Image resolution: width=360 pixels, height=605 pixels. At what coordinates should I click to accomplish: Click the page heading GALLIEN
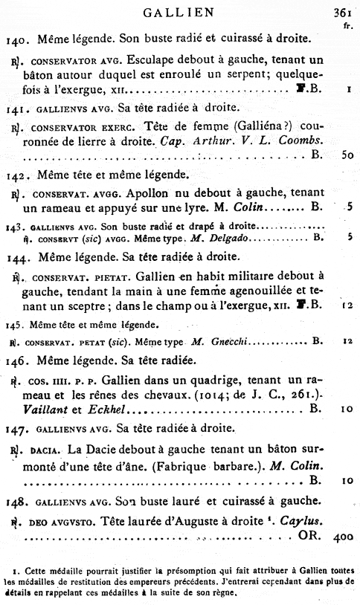coord(179,11)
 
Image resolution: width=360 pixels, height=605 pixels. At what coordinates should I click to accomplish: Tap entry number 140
coord(17,38)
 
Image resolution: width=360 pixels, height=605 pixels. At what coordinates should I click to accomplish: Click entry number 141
coord(17,108)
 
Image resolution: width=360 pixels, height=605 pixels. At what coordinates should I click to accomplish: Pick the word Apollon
coord(128,193)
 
